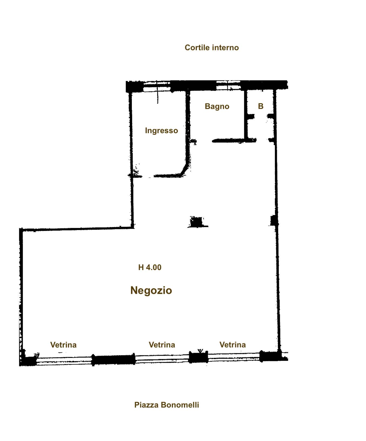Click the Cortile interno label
point(211,48)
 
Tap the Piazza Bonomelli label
point(167,405)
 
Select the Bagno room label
point(217,106)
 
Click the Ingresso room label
point(161,131)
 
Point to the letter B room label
point(261,106)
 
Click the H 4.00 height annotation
point(150,267)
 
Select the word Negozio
point(151,291)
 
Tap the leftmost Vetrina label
point(63,345)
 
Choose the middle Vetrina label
point(162,345)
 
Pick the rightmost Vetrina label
point(233,345)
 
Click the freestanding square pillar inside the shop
point(196,222)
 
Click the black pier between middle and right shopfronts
point(198,357)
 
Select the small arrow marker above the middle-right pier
point(200,351)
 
